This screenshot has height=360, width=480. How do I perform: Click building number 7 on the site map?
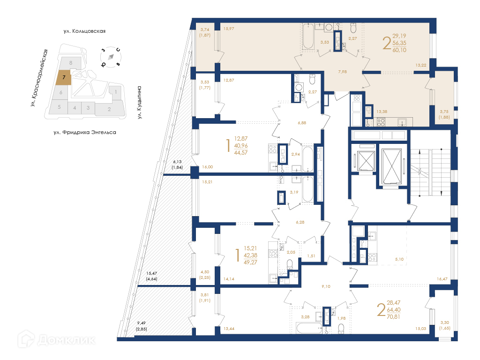[64, 77]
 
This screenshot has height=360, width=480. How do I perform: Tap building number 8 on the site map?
[71, 63]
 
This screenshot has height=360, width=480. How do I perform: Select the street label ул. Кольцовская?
[84, 31]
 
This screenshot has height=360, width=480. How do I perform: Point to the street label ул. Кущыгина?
[140, 102]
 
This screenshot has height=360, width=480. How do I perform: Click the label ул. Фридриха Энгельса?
[85, 133]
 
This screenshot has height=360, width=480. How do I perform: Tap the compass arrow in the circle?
[111, 57]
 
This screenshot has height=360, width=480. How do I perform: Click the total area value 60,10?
[399, 50]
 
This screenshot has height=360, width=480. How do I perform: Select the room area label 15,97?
[229, 29]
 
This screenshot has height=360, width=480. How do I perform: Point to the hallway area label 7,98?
[343, 72]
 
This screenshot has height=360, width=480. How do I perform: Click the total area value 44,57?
[241, 153]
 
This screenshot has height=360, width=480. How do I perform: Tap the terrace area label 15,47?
[152, 273]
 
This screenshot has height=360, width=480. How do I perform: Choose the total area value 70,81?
[393, 317]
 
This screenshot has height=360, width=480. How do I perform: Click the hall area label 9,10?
[326, 286]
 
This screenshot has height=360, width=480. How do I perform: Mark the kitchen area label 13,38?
[382, 112]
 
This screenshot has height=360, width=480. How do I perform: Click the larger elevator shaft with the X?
[392, 166]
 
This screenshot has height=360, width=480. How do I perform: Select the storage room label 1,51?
[311, 256]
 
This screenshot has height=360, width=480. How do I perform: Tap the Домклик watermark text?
[67, 340]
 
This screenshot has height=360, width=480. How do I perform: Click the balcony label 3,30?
[445, 322]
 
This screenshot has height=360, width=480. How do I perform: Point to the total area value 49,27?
[250, 262]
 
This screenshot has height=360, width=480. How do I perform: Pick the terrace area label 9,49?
[142, 323]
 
